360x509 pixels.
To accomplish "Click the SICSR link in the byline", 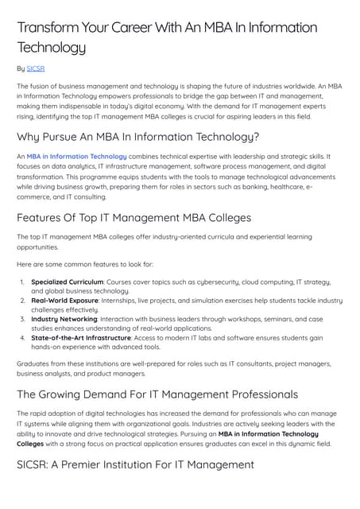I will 37,69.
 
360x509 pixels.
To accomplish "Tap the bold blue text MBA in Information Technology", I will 76,157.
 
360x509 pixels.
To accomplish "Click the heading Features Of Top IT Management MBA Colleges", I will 134,217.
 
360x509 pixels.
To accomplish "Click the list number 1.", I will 21,282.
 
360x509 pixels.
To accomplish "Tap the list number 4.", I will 21,337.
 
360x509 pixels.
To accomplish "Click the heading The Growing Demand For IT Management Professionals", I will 157,394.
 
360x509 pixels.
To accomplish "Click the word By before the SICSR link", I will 21,69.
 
